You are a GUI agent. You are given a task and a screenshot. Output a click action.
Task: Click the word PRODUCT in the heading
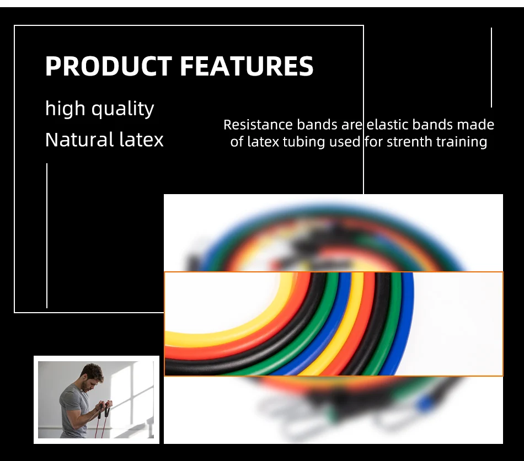(109, 66)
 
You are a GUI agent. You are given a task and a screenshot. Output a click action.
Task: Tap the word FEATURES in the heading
(247, 66)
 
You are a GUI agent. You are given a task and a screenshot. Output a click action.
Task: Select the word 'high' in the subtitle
(65, 109)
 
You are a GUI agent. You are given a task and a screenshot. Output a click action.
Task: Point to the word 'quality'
(122, 109)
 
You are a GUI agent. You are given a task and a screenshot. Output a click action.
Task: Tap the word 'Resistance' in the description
(258, 125)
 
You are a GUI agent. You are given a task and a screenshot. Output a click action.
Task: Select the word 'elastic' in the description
(387, 125)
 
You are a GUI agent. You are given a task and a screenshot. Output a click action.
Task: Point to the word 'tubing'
(304, 142)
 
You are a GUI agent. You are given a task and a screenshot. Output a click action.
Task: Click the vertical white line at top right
(491, 67)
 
